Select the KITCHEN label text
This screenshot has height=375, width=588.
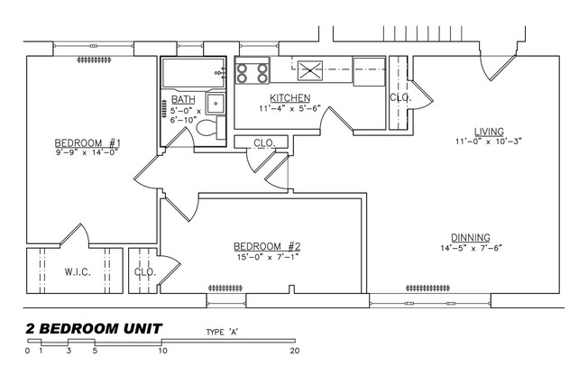click(289, 97)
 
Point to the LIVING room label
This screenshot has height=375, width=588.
click(489, 131)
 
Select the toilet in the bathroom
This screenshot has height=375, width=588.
click(207, 129)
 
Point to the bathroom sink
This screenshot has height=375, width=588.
click(216, 101)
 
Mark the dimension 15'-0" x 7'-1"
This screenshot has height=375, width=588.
click(267, 257)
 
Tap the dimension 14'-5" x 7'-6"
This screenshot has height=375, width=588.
click(470, 249)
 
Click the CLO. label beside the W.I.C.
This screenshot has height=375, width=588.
click(145, 271)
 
